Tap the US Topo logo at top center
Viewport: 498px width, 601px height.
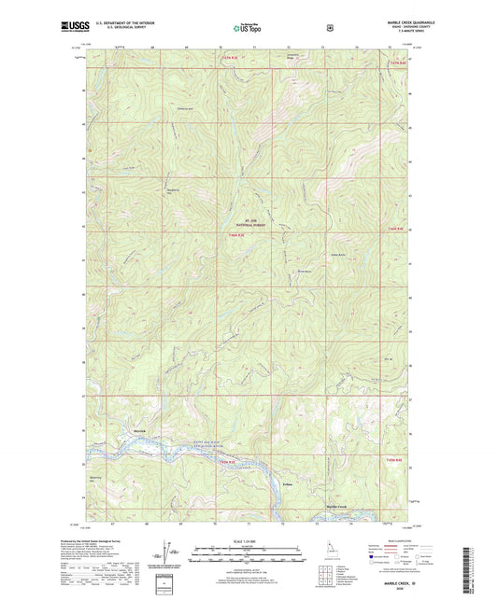point(247,29)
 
